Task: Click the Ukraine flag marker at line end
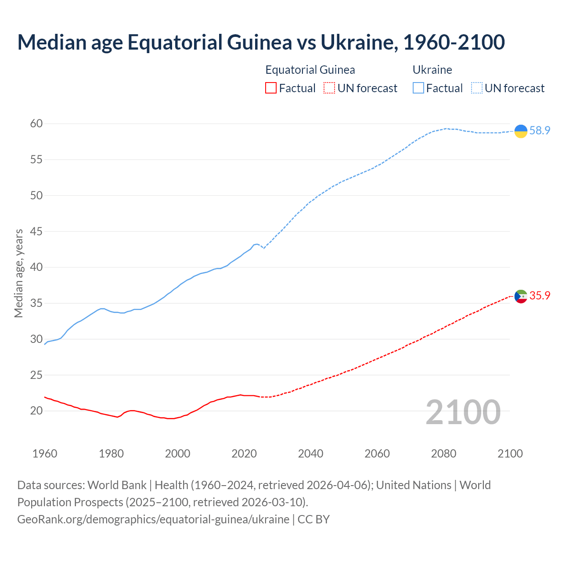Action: coord(521,131)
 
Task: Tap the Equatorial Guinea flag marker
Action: coord(521,296)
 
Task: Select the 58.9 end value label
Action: coord(540,131)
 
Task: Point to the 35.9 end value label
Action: coord(540,296)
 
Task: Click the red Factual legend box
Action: coord(271,88)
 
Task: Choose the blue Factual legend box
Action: coord(418,88)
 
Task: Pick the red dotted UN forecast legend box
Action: coord(329,88)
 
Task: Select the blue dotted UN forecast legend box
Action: coord(477,88)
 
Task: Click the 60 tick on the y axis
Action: coord(36,124)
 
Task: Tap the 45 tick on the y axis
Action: coord(36,231)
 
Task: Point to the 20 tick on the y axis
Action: coord(36,411)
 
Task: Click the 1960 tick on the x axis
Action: coord(45,454)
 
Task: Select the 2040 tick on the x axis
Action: coord(310,454)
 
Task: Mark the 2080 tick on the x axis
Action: coord(443,454)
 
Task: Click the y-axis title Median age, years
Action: coord(18,273)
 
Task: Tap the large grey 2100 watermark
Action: coord(463,412)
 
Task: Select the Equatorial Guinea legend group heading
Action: coord(310,70)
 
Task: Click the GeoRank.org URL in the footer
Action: coord(153,519)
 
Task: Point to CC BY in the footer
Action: coord(313,519)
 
